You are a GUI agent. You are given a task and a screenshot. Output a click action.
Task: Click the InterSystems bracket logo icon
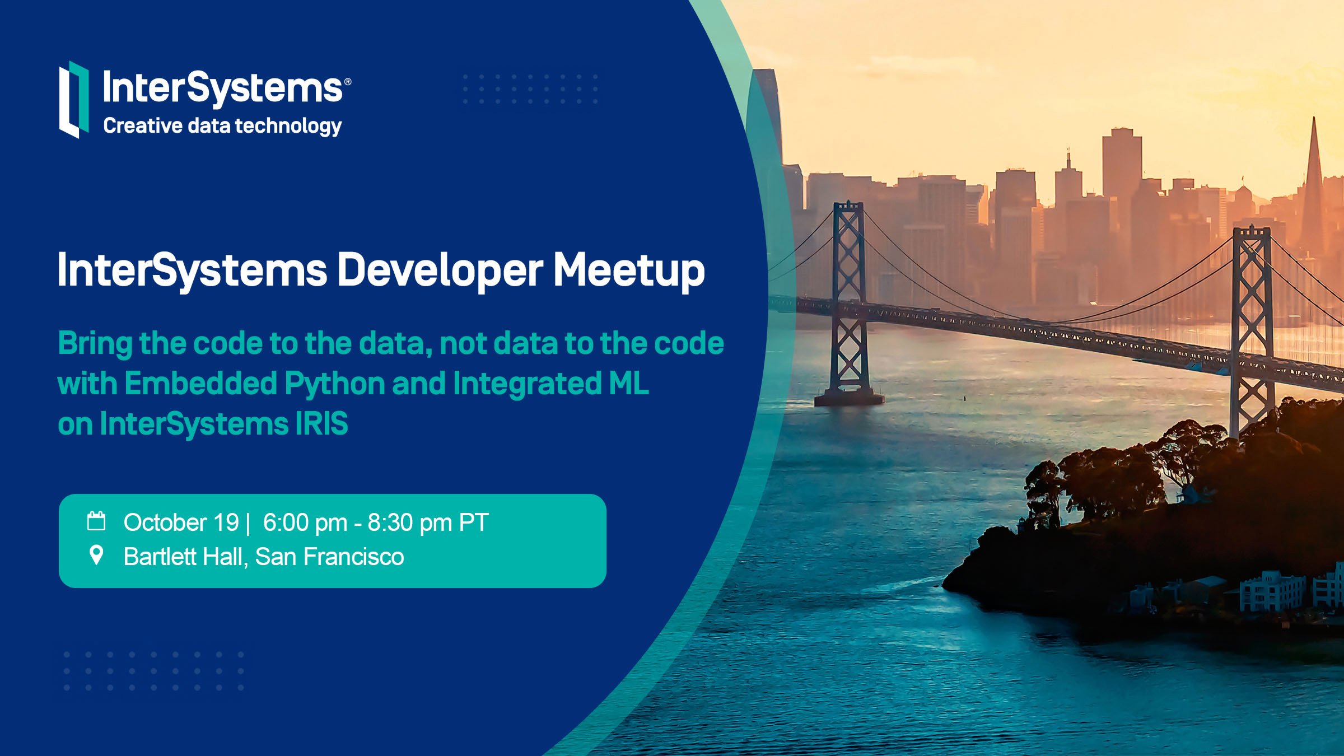tap(74, 99)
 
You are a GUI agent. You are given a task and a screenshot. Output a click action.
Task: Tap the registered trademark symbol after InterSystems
tap(348, 82)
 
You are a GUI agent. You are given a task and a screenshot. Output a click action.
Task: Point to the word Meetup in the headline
tap(629, 271)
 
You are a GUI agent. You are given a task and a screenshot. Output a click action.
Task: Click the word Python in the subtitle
tap(334, 385)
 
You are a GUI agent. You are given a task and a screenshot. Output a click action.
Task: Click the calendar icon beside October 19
tap(96, 521)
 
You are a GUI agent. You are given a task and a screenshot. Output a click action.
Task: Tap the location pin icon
tap(96, 555)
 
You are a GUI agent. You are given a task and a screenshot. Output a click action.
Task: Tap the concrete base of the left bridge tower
tap(849, 398)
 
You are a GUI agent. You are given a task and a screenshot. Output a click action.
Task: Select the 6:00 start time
tap(286, 522)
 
